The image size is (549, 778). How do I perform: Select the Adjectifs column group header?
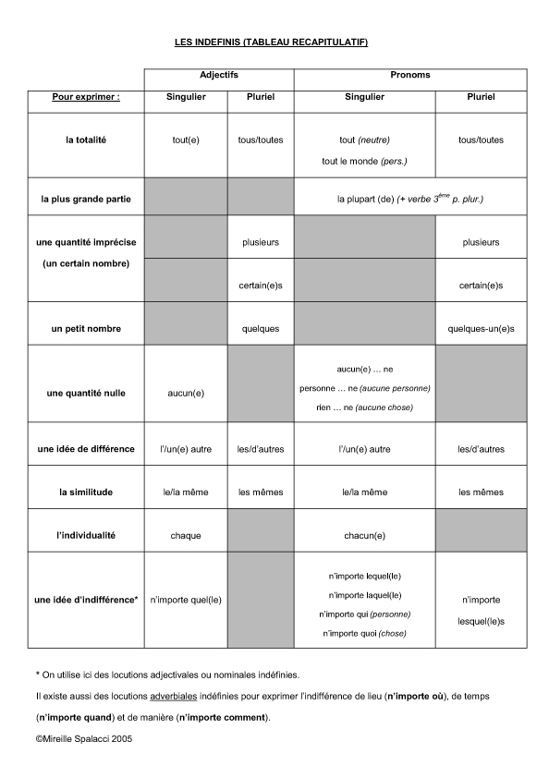coord(219,74)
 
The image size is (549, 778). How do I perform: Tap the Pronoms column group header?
coord(410,74)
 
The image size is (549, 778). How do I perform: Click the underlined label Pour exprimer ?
coord(86,96)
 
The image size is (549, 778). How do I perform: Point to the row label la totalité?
coord(86,140)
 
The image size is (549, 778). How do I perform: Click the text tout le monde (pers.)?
coord(364,162)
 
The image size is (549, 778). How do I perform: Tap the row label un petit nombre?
coord(86,329)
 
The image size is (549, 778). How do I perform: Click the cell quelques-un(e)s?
coord(481,329)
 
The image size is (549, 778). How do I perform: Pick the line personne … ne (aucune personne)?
coord(364,388)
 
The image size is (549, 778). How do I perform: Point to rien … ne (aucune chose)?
coord(364,407)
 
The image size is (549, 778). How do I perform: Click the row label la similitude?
coord(86,492)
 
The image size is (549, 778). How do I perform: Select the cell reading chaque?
coord(186,535)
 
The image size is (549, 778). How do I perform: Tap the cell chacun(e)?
coord(364,535)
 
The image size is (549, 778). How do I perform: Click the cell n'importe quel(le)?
coord(186,600)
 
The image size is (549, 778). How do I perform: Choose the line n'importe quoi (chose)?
coord(364,633)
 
